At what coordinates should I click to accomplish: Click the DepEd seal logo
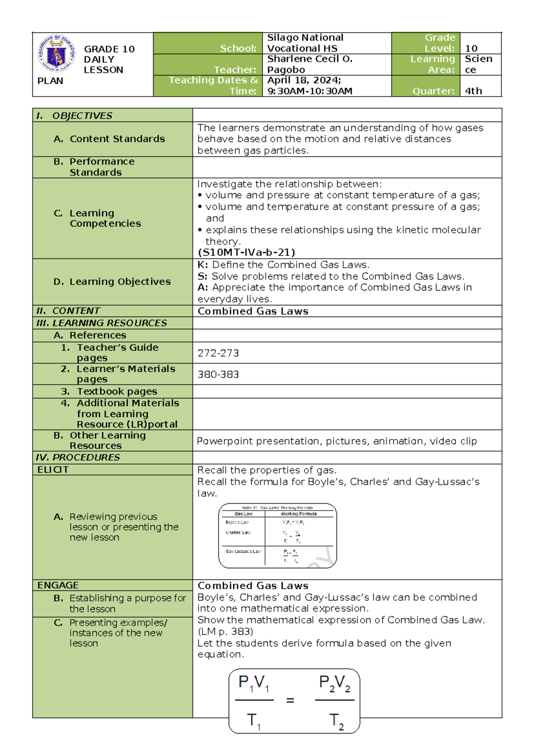[56, 54]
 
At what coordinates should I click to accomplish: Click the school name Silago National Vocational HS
[305, 43]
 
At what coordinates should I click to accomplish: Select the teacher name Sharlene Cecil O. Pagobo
[309, 64]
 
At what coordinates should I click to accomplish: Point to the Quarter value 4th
[473, 91]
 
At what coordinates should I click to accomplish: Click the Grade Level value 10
[471, 49]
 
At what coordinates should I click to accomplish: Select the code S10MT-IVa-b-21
[246, 252]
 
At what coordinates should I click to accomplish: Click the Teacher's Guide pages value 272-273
[218, 353]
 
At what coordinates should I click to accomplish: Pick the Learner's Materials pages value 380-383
[218, 374]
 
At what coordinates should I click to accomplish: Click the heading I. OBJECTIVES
[74, 116]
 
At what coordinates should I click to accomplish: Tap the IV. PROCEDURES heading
[78, 457]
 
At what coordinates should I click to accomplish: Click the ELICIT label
[53, 470]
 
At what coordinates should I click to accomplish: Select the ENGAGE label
[58, 585]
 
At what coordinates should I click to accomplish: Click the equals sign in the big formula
[290, 701]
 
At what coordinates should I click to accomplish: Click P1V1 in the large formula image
[254, 683]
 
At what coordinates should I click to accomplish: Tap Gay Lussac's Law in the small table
[243, 551]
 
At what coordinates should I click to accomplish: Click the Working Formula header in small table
[299, 514]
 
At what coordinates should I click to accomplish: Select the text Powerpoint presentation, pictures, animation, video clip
[336, 441]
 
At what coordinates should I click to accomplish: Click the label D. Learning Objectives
[112, 282]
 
